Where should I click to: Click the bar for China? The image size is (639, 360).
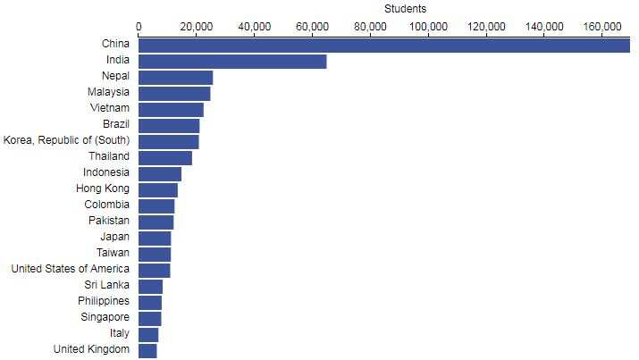[384, 45]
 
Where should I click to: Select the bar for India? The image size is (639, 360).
[232, 61]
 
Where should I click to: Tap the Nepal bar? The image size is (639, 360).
[175, 77]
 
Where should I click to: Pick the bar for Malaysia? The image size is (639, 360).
[174, 93]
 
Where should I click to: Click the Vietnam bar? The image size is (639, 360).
[171, 109]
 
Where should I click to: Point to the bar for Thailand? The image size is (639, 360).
[165, 157]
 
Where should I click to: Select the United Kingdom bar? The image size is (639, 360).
[147, 350]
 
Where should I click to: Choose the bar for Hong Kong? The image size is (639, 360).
[158, 189]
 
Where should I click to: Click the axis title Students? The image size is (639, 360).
[405, 9]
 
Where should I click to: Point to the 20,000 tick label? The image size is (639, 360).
[197, 26]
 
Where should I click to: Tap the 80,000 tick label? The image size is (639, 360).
[370, 26]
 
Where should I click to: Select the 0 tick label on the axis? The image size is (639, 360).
[139, 26]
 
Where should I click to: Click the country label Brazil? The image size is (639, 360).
[116, 125]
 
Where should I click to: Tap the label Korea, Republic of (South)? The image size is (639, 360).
[67, 141]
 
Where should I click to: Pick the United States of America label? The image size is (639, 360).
[70, 270]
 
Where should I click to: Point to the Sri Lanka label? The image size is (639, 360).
[108, 286]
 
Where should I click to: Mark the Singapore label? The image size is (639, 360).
[104, 318]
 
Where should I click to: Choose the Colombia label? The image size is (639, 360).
[107, 205]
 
